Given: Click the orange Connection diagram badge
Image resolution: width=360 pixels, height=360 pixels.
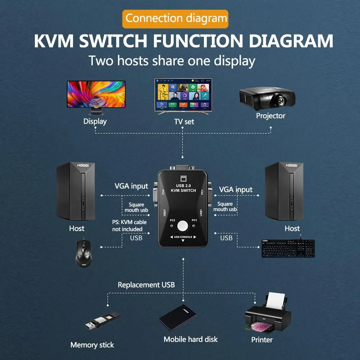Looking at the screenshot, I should pyautogui.click(x=176, y=18).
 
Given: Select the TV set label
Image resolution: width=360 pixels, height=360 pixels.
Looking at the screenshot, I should pyautogui.click(x=184, y=122).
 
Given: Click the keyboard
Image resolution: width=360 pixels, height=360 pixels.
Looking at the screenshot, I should pyautogui.click(x=288, y=248).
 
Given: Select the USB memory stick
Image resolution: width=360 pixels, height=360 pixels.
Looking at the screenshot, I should pyautogui.click(x=101, y=321).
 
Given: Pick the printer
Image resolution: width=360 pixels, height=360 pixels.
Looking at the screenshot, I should pyautogui.click(x=268, y=315).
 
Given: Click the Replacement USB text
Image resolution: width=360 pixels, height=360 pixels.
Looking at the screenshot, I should pyautogui.click(x=146, y=285).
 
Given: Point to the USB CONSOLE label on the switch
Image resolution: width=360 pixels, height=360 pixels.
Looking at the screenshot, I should pyautogui.click(x=183, y=237).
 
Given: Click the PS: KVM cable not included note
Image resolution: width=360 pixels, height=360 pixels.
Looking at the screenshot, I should pyautogui.click(x=129, y=225).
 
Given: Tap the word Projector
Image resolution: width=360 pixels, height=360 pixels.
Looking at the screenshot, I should pyautogui.click(x=270, y=116).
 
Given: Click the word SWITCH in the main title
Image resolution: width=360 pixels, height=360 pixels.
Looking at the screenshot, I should pyautogui.click(x=114, y=41).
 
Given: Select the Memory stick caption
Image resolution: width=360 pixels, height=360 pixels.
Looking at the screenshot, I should pyautogui.click(x=92, y=345).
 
